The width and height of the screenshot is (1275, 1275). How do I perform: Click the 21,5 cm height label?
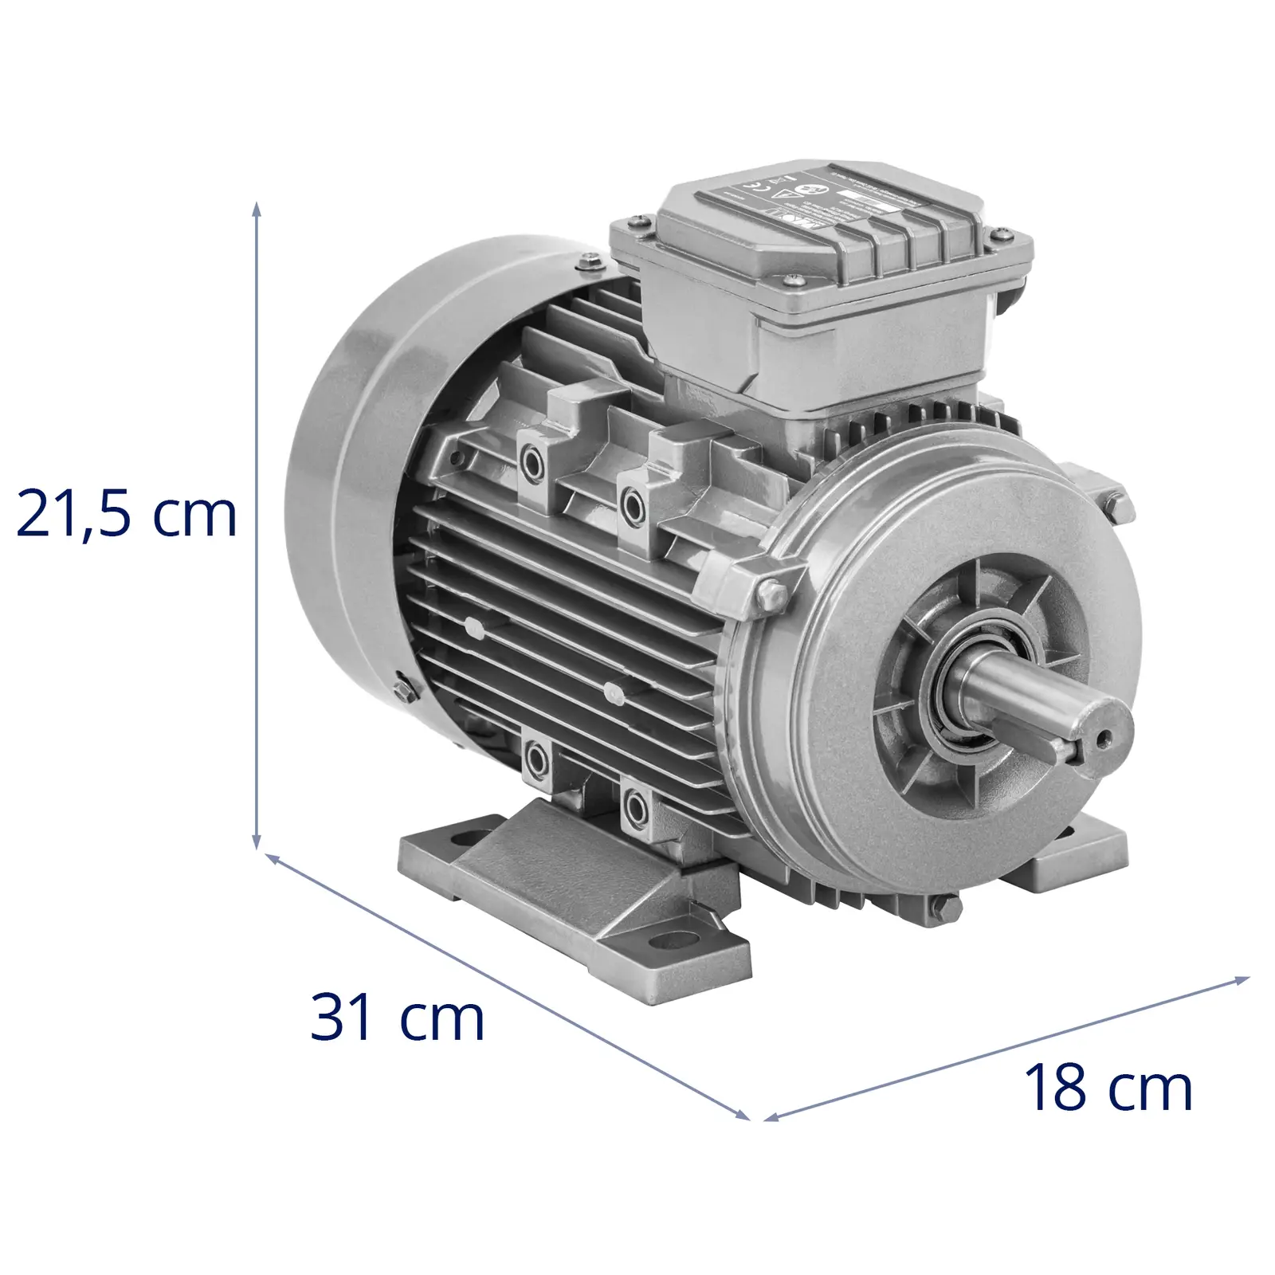pyautogui.click(x=126, y=514)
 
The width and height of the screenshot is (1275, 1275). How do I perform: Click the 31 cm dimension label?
pyautogui.click(x=397, y=1018)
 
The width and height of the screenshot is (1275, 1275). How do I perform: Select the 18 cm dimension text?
pyautogui.click(x=1108, y=1088)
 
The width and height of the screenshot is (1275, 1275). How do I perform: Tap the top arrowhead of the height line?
pyautogui.click(x=257, y=209)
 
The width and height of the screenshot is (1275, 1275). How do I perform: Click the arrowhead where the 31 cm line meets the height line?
pyautogui.click(x=271, y=859)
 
